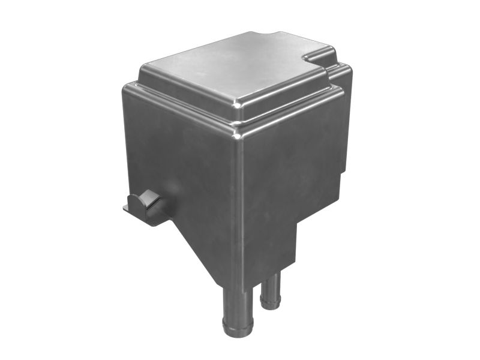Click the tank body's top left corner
(125, 88)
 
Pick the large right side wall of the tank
(288, 162)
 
